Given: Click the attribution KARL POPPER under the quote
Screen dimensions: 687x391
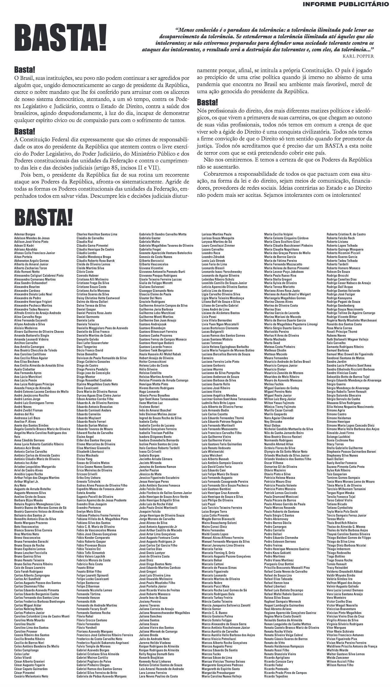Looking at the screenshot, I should coord(358,56).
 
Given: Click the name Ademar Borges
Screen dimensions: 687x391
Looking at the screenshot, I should coord(25,234).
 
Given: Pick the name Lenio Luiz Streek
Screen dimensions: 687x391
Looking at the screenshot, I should coord(213,260).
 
